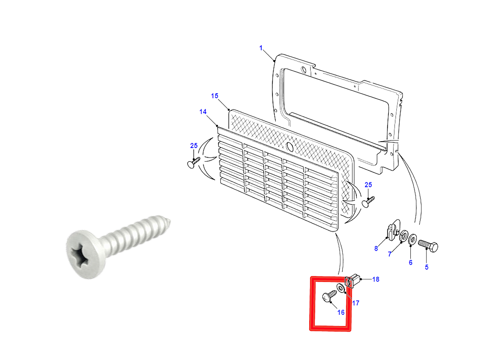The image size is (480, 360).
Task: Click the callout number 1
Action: pyautogui.click(x=261, y=48)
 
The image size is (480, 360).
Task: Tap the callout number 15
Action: pyautogui.click(x=214, y=96)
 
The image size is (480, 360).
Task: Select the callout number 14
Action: pyautogui.click(x=203, y=112)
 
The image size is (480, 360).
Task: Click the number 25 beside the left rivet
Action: pyautogui.click(x=194, y=146)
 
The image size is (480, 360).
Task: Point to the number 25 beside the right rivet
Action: pyautogui.click(x=368, y=185)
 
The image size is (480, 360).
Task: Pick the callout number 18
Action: pyautogui.click(x=376, y=279)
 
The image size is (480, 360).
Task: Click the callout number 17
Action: pyautogui.click(x=356, y=303)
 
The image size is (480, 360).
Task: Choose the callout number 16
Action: pyautogui.click(x=341, y=312)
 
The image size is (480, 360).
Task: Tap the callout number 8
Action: pyautogui.click(x=376, y=248)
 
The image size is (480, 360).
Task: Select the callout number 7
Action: pyautogui.click(x=390, y=254)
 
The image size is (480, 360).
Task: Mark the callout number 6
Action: pyautogui.click(x=410, y=262)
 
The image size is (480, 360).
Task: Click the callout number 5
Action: pyautogui.click(x=427, y=267)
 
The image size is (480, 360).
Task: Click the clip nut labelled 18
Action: pyautogui.click(x=352, y=281)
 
